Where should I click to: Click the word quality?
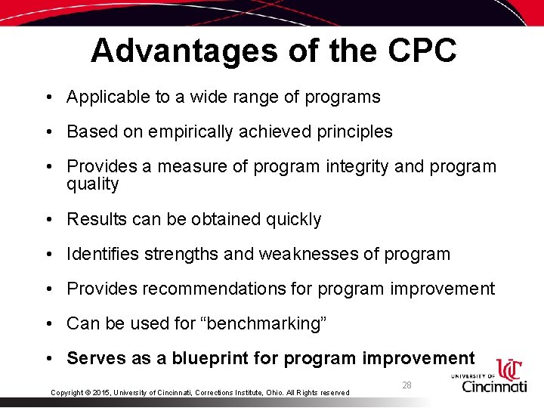(93, 184)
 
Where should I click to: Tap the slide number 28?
(406, 385)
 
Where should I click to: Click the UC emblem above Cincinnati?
(510, 369)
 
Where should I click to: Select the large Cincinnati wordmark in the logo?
(495, 386)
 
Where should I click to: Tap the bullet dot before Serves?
(48, 358)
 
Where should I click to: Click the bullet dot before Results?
(48, 219)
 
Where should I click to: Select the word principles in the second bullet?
(354, 131)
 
